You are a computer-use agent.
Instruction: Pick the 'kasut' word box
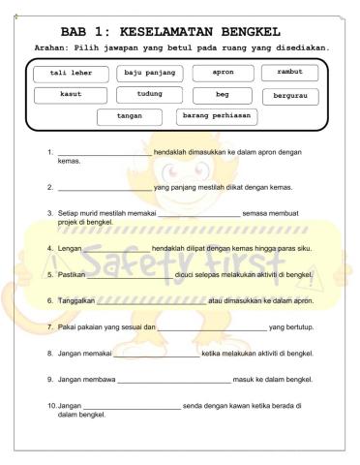[70, 95]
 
